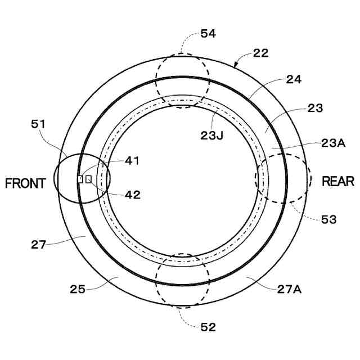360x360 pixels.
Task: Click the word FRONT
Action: [25, 184]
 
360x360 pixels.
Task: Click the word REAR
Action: [338, 181]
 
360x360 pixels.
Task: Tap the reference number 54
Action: [208, 34]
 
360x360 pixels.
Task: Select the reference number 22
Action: [260, 53]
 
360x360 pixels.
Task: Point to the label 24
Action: [294, 79]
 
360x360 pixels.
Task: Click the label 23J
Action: [213, 134]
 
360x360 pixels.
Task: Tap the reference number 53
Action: [328, 219]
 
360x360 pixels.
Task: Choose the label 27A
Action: [290, 289]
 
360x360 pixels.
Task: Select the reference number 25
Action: [78, 289]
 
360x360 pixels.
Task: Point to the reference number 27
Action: [38, 245]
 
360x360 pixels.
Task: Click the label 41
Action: [132, 160]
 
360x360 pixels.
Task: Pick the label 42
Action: [133, 195]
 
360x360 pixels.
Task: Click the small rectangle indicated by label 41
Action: [80, 179]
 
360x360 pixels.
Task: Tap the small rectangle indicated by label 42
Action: [88, 179]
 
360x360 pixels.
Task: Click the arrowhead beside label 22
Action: [236, 65]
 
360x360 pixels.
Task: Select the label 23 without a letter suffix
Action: [315, 108]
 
